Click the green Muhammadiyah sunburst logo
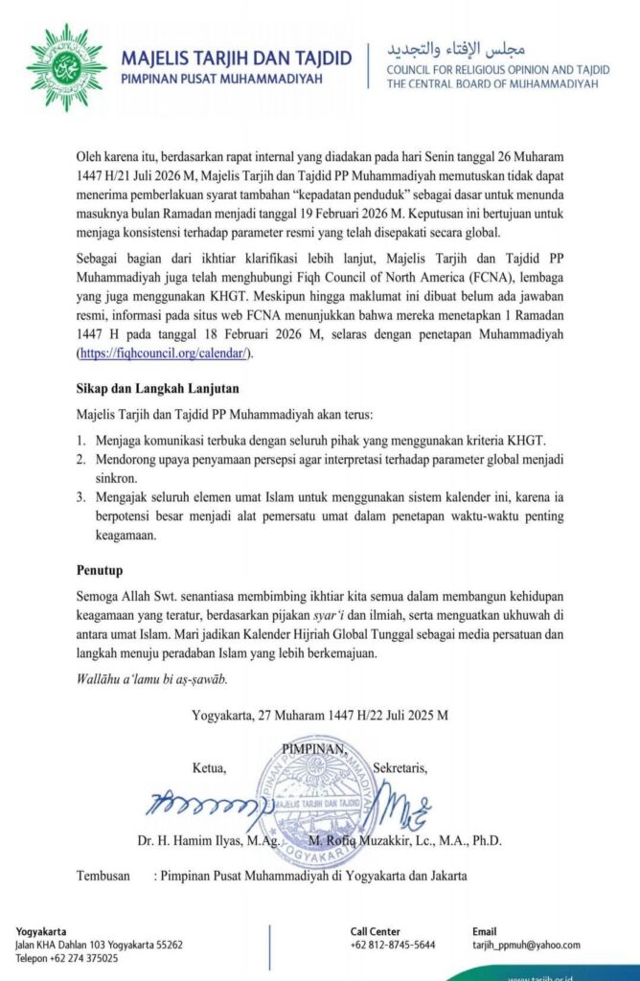point(66,67)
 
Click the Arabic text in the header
point(456,49)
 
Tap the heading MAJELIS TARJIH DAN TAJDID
point(237,57)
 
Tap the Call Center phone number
point(393,945)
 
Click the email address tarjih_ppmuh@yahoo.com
point(526,945)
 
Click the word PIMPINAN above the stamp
point(314,748)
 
